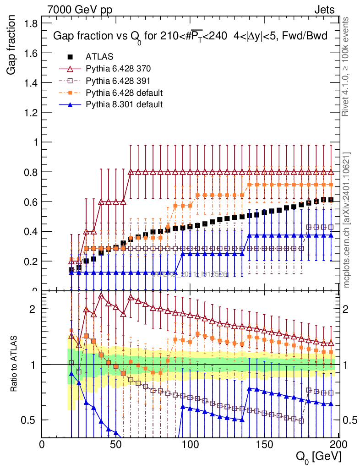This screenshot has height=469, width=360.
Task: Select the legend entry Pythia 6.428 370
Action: (118, 69)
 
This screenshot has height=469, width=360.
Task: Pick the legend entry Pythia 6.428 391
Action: (118, 81)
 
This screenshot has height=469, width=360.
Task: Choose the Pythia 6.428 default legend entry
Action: (124, 93)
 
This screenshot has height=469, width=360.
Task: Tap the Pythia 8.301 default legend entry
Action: (124, 104)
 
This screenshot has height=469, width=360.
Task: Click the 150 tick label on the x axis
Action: (264, 444)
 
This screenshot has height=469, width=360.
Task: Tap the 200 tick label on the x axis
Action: (338, 444)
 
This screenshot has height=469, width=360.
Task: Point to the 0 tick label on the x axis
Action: (42, 444)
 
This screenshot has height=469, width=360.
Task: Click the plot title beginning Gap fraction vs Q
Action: (190, 36)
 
